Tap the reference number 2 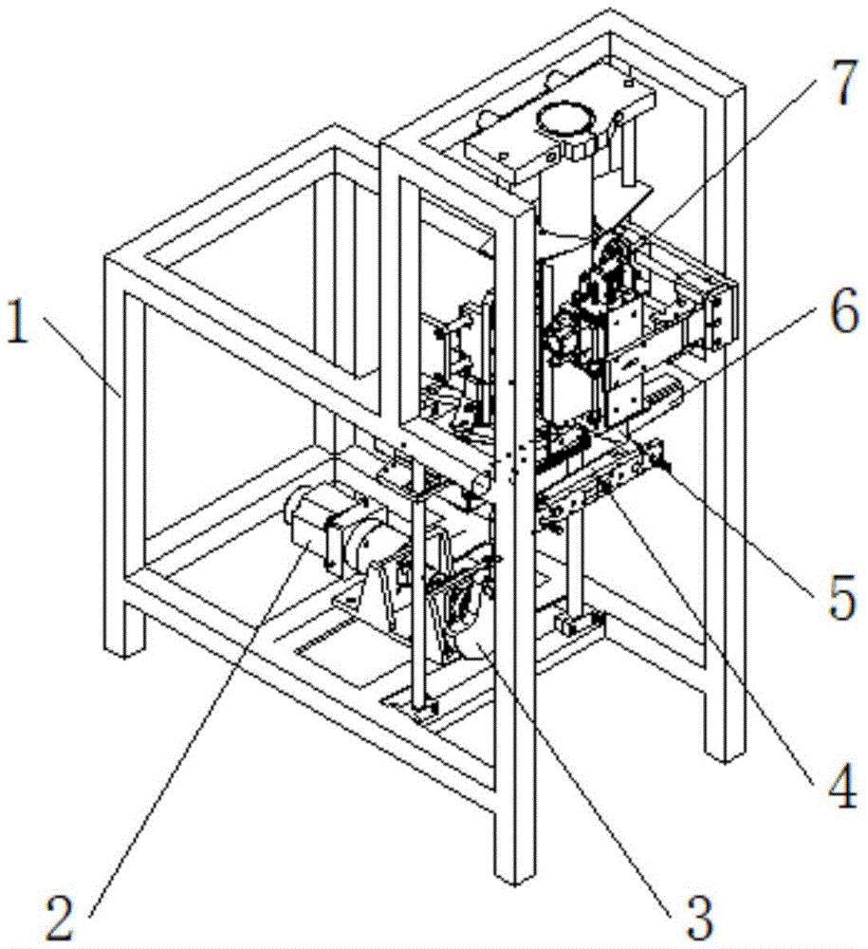62,917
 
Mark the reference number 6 843,310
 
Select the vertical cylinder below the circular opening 565,194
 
